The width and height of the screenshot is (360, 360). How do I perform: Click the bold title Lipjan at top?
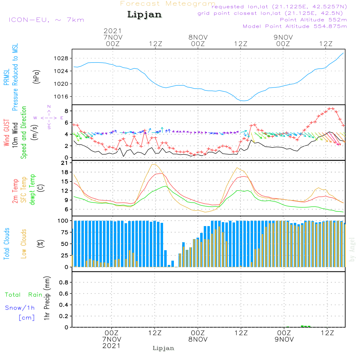[x=144, y=15]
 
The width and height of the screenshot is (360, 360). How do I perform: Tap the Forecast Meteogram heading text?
[x=168, y=4]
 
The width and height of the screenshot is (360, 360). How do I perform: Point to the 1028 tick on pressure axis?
[x=66, y=58]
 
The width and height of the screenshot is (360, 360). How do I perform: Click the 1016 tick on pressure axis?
[x=66, y=96]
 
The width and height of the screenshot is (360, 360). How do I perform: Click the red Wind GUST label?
[x=7, y=133]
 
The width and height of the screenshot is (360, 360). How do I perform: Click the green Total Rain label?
[x=23, y=295]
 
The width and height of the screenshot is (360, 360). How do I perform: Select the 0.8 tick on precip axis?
[x=64, y=283]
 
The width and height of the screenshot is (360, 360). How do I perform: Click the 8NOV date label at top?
[x=198, y=37]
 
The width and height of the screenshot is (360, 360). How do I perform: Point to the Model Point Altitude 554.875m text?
[x=294, y=26]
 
